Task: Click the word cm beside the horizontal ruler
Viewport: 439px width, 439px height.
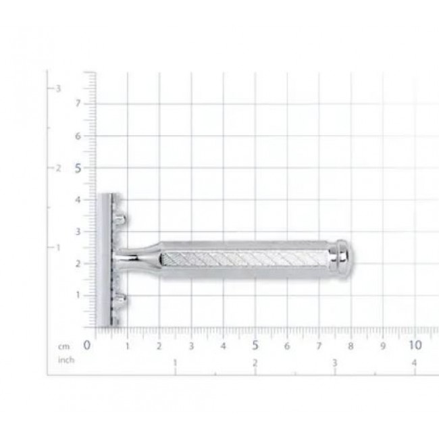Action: coord(64,346)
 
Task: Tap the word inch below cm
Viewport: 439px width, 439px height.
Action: coord(66,359)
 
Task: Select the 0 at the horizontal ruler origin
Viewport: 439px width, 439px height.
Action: coord(87,346)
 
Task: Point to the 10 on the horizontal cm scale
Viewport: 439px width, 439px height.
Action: coord(415,345)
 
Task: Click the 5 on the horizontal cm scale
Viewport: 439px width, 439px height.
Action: coord(255,346)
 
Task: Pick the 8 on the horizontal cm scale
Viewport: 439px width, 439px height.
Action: coord(351,346)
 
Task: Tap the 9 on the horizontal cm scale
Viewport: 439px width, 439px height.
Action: coord(383,346)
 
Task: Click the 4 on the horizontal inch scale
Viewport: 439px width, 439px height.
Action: coord(414,363)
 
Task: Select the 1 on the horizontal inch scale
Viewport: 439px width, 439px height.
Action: coord(176,363)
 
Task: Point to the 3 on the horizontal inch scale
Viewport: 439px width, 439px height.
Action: coord(335,363)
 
